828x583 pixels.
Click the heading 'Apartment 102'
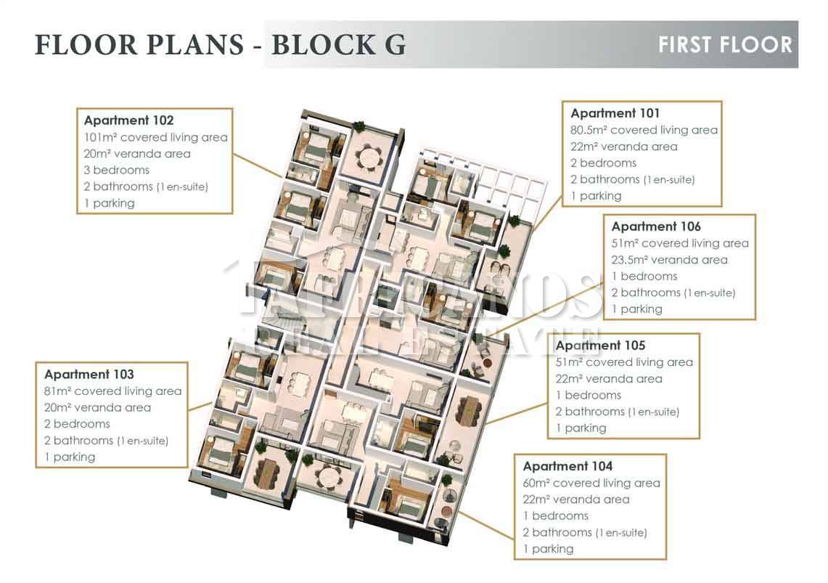pos(129,121)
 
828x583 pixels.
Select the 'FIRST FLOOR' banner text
pos(725,45)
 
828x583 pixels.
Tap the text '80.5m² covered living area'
pos(644,130)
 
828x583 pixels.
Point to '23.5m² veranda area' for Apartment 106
pos(670,260)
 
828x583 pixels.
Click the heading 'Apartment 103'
pos(89,375)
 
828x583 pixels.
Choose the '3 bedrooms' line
pos(117,170)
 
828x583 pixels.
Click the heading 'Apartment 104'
pos(567,466)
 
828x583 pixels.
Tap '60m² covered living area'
pos(591,484)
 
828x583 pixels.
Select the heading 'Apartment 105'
pos(600,346)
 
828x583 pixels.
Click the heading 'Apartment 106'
pos(656,227)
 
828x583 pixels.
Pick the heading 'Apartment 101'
pos(615,113)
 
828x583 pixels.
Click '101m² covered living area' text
pos(156,137)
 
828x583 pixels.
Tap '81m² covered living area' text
pos(113,391)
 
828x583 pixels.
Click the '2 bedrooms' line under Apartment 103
pos(77,424)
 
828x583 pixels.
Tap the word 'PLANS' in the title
pos(195,45)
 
